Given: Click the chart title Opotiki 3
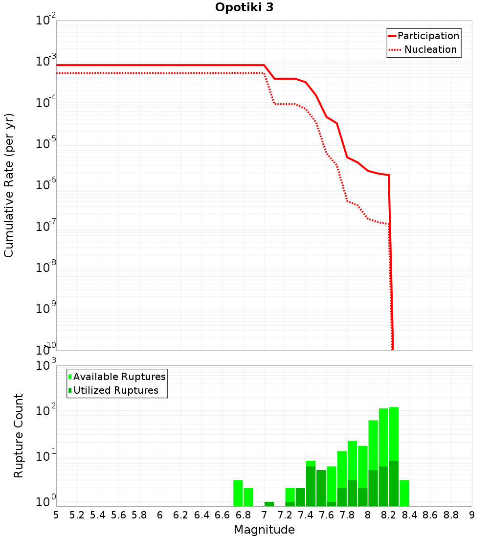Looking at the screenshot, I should click(244, 8).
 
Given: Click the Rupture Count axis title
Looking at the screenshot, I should click(19, 435).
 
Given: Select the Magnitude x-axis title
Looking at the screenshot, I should click(264, 530).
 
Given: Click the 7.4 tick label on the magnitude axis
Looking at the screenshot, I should click(306, 515).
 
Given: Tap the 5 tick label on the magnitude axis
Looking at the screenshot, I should click(56, 515).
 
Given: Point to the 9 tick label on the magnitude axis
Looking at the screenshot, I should click(472, 515).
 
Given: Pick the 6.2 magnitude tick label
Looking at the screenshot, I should click(181, 515).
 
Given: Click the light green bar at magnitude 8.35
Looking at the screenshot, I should click(404, 493).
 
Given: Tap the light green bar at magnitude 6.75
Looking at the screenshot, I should click(238, 493).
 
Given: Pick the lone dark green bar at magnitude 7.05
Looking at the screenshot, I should click(269, 504).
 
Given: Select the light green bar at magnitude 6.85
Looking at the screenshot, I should click(248, 497).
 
